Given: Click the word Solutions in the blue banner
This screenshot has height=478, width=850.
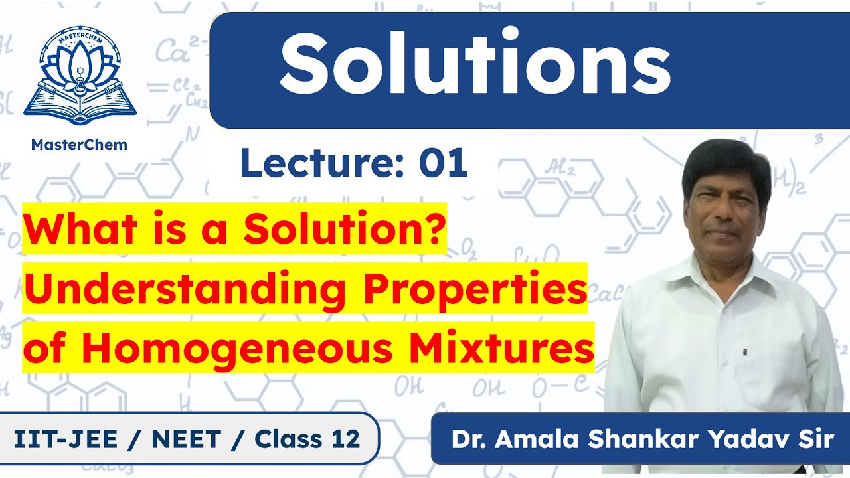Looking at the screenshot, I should pyautogui.click(x=474, y=62).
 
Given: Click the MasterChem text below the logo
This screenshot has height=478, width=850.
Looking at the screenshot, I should pyautogui.click(x=80, y=145).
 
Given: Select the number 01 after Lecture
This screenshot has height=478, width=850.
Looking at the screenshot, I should pyautogui.click(x=442, y=164).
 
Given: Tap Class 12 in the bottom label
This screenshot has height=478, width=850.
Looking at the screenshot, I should pyautogui.click(x=307, y=438).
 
